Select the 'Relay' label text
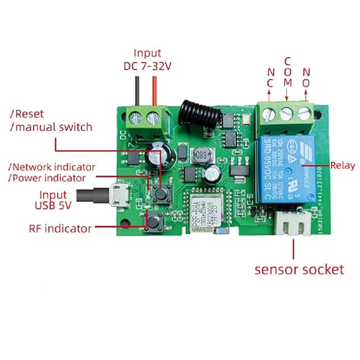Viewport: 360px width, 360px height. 343,165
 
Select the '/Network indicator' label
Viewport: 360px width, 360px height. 52,167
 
